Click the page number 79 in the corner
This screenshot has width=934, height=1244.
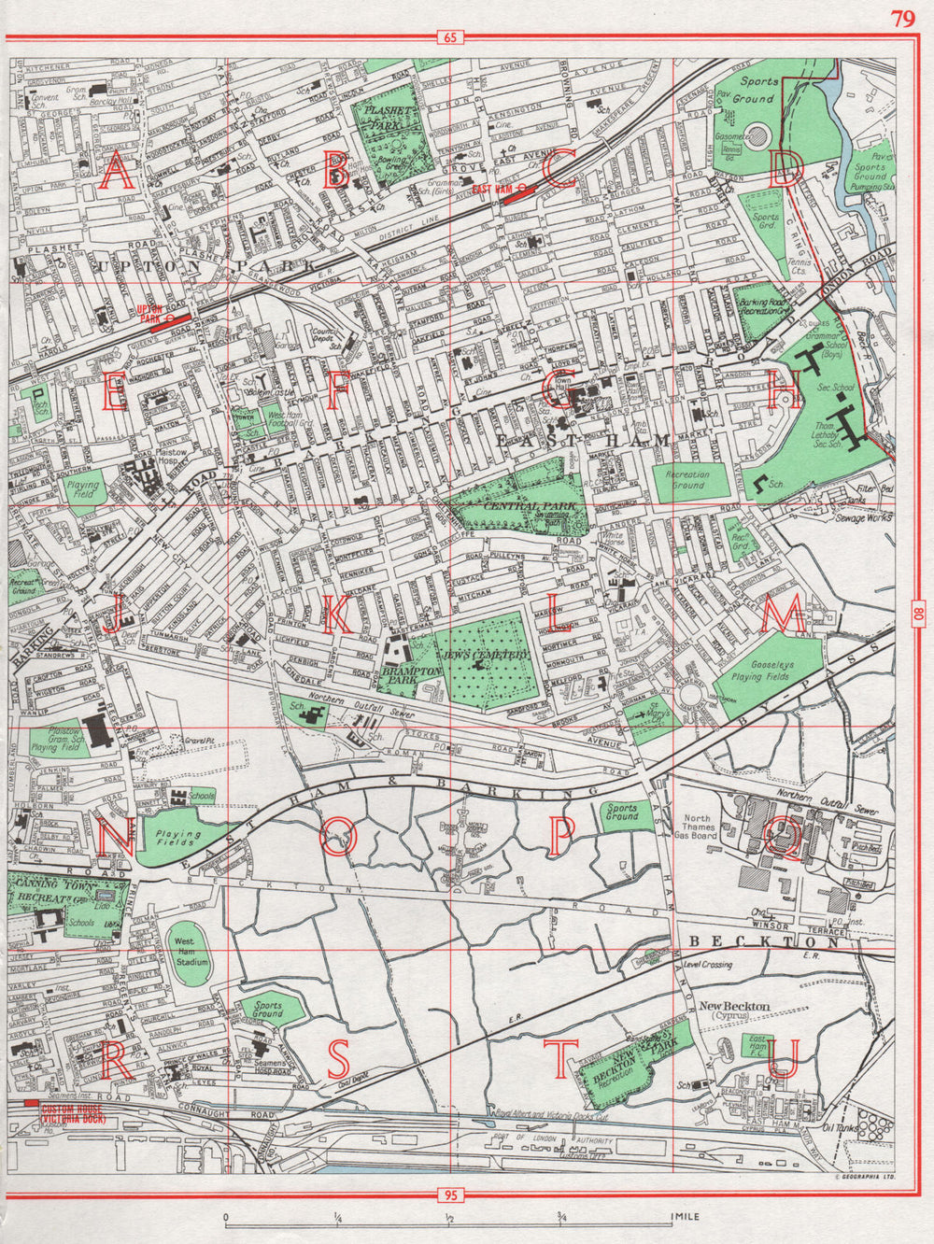[902, 20]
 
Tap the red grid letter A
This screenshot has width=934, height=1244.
[117, 173]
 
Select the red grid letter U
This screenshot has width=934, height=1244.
[782, 1059]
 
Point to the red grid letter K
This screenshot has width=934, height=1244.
[337, 615]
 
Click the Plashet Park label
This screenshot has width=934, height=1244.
[384, 116]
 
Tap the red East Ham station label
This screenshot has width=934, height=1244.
[493, 189]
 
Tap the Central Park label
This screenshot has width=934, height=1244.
[517, 504]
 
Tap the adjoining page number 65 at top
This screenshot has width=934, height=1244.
[449, 38]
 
